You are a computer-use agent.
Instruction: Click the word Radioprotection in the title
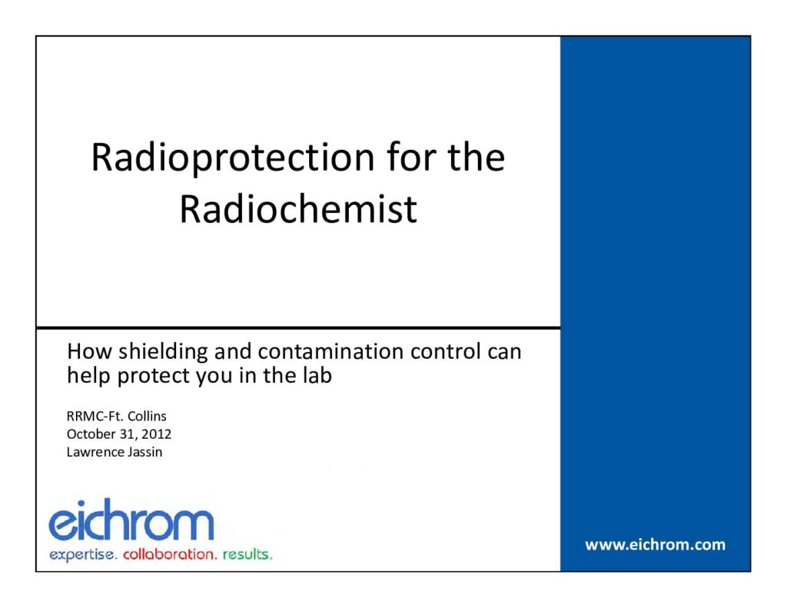233,158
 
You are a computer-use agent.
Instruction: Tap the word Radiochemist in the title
298,209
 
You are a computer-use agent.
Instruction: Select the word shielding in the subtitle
163,353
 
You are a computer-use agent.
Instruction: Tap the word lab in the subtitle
317,375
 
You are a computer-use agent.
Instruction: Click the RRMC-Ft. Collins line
117,416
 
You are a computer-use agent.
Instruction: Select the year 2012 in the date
156,434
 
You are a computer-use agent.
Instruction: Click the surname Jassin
144,452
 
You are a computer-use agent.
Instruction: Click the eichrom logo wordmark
131,520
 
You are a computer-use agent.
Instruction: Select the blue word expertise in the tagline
83,555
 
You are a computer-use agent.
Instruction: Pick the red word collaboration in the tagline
170,554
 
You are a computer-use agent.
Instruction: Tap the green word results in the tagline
247,554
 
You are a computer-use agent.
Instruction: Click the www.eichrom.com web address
655,545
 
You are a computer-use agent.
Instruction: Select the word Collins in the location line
147,416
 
